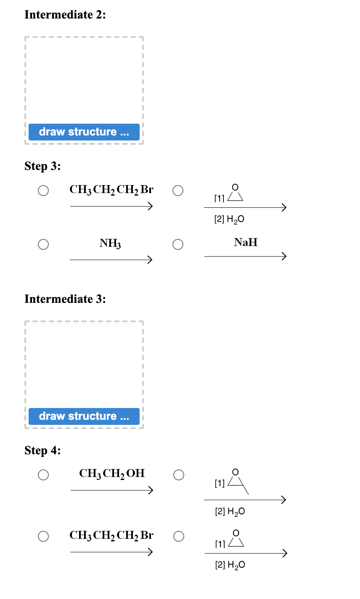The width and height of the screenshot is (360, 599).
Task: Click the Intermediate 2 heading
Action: click(65, 15)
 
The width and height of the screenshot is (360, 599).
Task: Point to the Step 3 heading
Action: click(42, 166)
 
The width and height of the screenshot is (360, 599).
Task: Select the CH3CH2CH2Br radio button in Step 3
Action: click(43, 191)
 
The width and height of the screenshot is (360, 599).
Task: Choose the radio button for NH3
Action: click(43, 244)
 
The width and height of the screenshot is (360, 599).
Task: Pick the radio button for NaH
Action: click(177, 244)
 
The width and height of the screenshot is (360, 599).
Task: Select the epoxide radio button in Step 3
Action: click(177, 191)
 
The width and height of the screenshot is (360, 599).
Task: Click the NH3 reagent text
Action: click(110, 243)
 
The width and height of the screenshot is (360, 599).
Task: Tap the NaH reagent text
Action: click(246, 242)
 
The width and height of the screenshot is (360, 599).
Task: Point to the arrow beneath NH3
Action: click(111, 260)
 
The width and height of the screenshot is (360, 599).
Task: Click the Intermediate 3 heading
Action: click(65, 299)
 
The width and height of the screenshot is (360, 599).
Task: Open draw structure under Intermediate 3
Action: click(84, 416)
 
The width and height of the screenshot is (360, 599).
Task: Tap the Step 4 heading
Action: click(42, 451)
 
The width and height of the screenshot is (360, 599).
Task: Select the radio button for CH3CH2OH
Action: click(43, 475)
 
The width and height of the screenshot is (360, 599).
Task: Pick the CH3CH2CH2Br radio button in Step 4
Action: click(43, 536)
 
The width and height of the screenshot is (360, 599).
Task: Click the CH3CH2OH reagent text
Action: click(112, 474)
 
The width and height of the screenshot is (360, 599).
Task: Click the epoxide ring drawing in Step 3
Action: click(235, 193)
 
